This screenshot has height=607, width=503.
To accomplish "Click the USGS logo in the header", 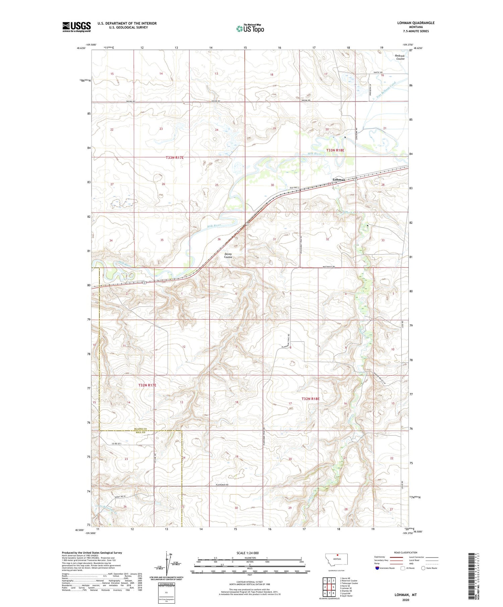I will (76, 27).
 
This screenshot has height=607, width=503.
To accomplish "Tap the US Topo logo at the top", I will (250, 29).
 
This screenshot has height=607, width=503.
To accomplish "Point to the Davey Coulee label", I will (228, 255).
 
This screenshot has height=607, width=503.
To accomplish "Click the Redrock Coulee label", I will (400, 57).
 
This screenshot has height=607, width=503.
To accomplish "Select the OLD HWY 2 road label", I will (294, 188).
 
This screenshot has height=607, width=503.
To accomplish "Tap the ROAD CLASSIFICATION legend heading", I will (406, 552).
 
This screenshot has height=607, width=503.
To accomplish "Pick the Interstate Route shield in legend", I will (377, 568).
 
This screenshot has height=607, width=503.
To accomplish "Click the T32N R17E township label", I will (148, 385).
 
